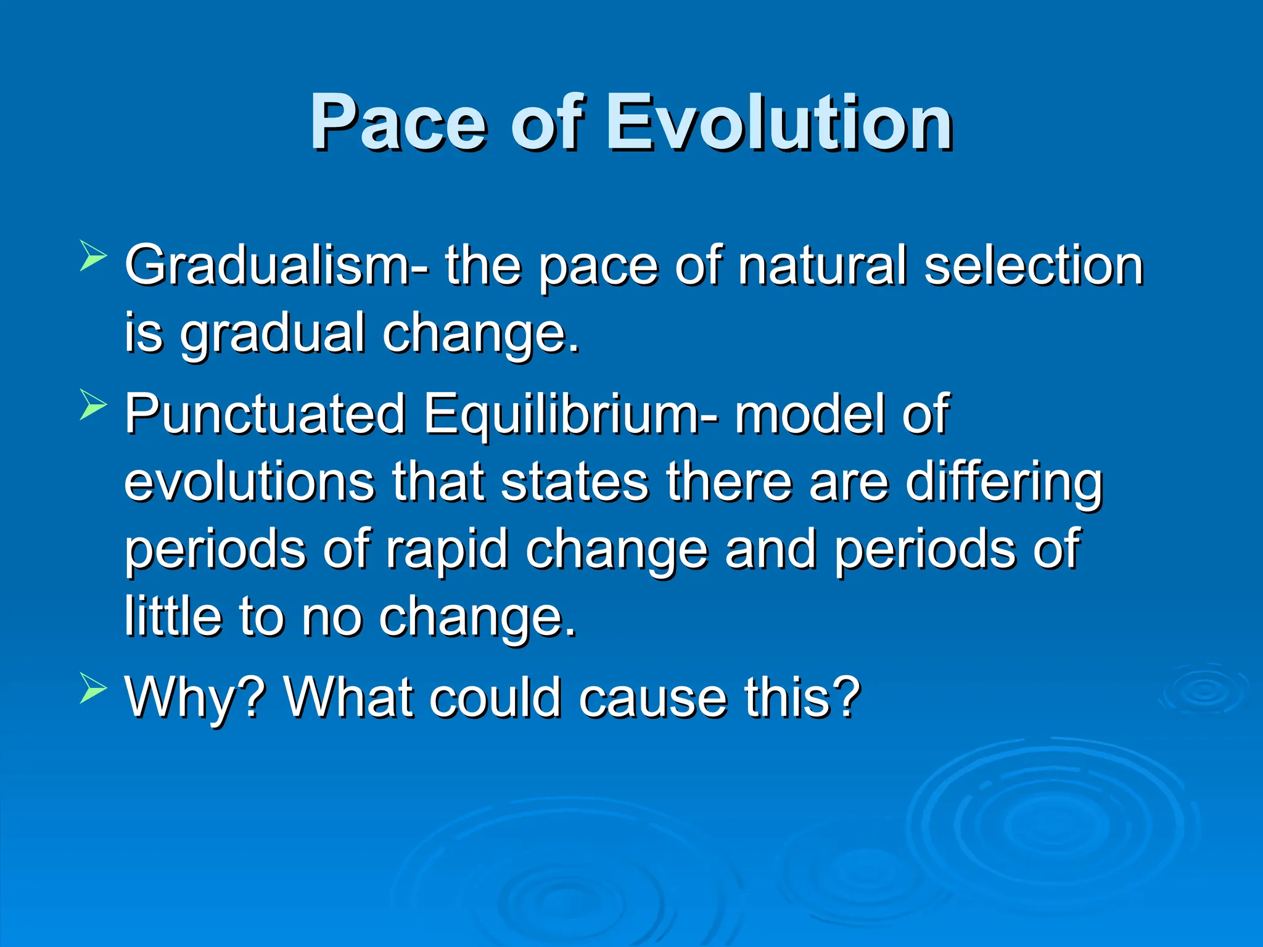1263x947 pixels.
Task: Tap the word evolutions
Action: pyautogui.click(x=249, y=482)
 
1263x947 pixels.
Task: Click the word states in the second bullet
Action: pyautogui.click(x=574, y=482)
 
